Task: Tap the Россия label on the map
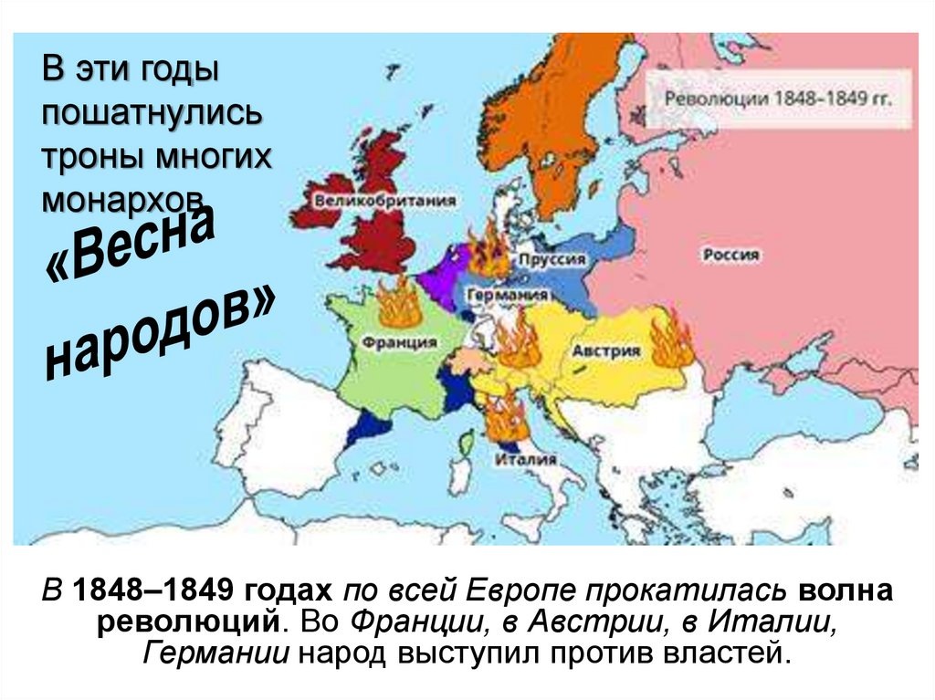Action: [x=730, y=256]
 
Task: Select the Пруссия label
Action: [x=552, y=260]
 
